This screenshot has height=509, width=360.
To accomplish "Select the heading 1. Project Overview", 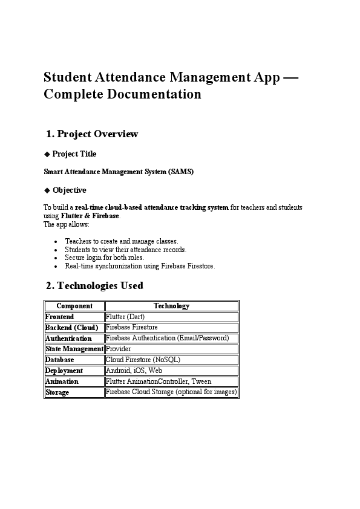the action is coord(92,134).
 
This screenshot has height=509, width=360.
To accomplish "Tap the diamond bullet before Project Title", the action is coord(47,154).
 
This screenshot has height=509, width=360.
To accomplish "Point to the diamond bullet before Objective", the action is coord(47,190).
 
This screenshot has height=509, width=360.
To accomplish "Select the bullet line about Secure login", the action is coord(105,258).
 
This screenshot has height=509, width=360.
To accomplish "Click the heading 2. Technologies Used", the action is coord(95,285).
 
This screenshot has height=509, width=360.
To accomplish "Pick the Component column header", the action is coord(74,306).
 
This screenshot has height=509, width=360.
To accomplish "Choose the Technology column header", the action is coord(171,306).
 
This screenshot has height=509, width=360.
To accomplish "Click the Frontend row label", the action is coord(60,317).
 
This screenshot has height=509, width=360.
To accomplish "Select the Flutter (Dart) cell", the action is coord(125,317).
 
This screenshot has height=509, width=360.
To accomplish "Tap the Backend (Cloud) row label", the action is coord(71,328).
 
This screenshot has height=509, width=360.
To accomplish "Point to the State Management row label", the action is coord(74,349).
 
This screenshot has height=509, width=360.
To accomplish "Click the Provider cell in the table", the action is coord(119,349).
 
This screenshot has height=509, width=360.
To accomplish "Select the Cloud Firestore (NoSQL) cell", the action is coord(143,360).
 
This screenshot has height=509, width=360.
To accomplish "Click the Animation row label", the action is coord(62,382).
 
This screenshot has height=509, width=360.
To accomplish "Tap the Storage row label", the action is coord(57,393).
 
